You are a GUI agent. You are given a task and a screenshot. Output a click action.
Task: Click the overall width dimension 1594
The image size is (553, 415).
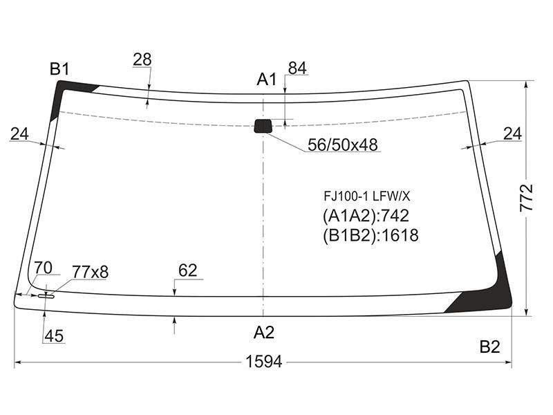click(x=264, y=362)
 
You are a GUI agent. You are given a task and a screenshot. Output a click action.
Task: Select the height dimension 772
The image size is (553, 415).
click(x=526, y=198)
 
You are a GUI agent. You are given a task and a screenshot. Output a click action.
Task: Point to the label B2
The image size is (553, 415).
click(x=490, y=347)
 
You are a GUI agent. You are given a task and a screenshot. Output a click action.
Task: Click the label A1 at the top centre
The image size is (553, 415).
click(x=267, y=80)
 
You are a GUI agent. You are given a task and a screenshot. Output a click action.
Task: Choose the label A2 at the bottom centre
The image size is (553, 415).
click(x=264, y=333)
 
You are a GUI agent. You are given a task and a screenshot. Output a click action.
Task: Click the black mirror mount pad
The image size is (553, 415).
click(x=263, y=126)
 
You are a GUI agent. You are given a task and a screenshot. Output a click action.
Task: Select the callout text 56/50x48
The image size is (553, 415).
click(x=342, y=145)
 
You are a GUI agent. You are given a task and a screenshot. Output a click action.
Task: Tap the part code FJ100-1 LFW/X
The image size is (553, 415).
click(x=367, y=196)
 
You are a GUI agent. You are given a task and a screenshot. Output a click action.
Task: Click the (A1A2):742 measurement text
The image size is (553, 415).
click(x=366, y=216)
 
